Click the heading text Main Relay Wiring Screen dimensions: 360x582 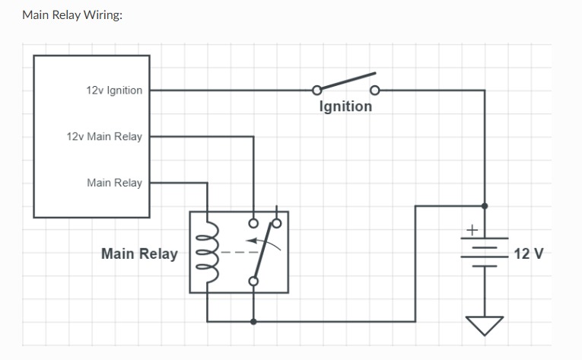(x=72, y=14)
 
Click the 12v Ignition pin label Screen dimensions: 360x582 (x=114, y=91)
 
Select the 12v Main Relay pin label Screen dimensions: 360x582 (x=104, y=137)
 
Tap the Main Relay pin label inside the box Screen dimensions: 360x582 (x=114, y=183)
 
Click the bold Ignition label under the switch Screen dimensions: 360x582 (x=345, y=106)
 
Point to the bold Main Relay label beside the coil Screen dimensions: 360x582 (x=139, y=253)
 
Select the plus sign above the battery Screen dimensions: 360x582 (x=472, y=228)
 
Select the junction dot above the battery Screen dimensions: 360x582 (x=485, y=205)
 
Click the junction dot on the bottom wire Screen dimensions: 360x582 (x=253, y=321)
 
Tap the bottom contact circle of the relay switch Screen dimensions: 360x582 (x=253, y=281)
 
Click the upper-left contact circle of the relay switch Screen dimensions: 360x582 (x=253, y=224)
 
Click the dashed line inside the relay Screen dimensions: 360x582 (x=235, y=252)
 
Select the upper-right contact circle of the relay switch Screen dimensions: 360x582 (x=277, y=224)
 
